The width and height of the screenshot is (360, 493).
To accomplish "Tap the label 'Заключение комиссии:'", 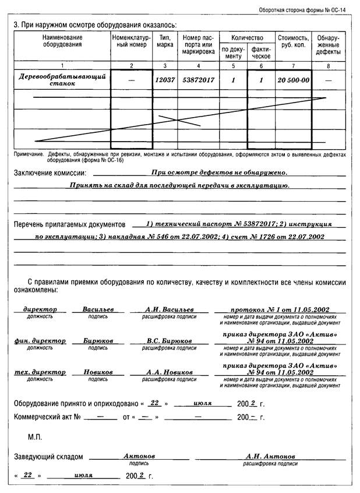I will click(50, 173).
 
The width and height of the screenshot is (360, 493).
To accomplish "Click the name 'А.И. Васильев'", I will click(170, 309).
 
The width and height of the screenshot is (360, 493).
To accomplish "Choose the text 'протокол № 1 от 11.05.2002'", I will click(280, 309).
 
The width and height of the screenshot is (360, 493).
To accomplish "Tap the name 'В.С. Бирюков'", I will click(170, 341).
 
